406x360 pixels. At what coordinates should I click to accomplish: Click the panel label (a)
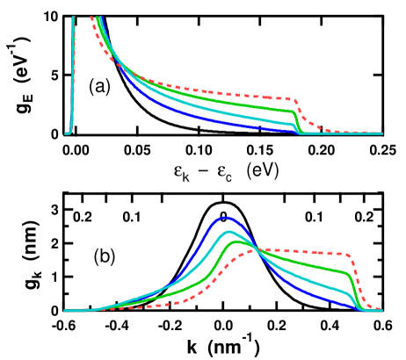[98, 86]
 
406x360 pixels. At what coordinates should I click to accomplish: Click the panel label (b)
[103, 256]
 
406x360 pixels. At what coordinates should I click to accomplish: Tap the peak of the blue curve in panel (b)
[226, 216]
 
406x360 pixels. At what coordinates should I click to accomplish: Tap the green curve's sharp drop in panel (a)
[297, 121]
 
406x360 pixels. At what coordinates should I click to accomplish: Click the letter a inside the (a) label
[98, 86]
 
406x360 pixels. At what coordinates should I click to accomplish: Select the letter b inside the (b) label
[103, 256]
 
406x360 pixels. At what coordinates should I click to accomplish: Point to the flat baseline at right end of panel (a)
[360, 133]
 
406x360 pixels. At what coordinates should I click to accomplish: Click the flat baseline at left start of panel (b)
[79, 310]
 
